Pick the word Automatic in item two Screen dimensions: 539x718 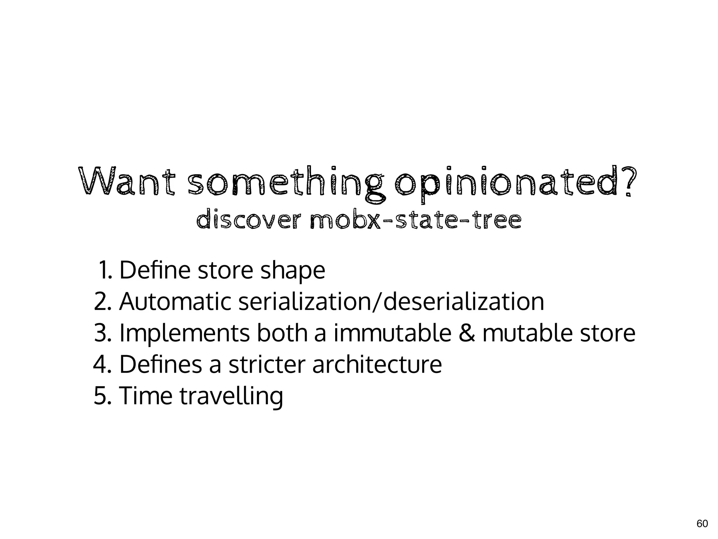(175, 301)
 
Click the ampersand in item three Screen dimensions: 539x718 (467, 333)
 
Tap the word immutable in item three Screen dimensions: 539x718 (392, 333)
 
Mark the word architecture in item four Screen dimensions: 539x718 (377, 364)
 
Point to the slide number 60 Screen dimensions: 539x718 (702, 524)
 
